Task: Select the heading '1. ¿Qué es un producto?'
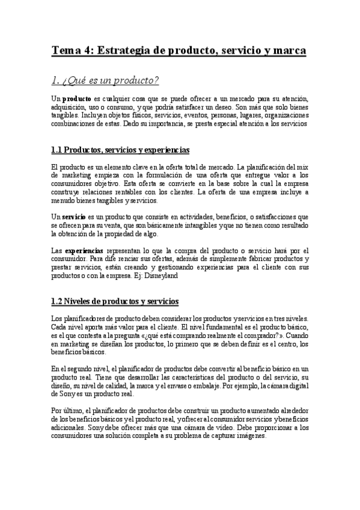[x=105, y=79]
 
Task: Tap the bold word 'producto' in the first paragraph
[x=77, y=99]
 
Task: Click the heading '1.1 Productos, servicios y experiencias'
[x=121, y=149]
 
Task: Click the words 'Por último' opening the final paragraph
[x=64, y=410]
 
